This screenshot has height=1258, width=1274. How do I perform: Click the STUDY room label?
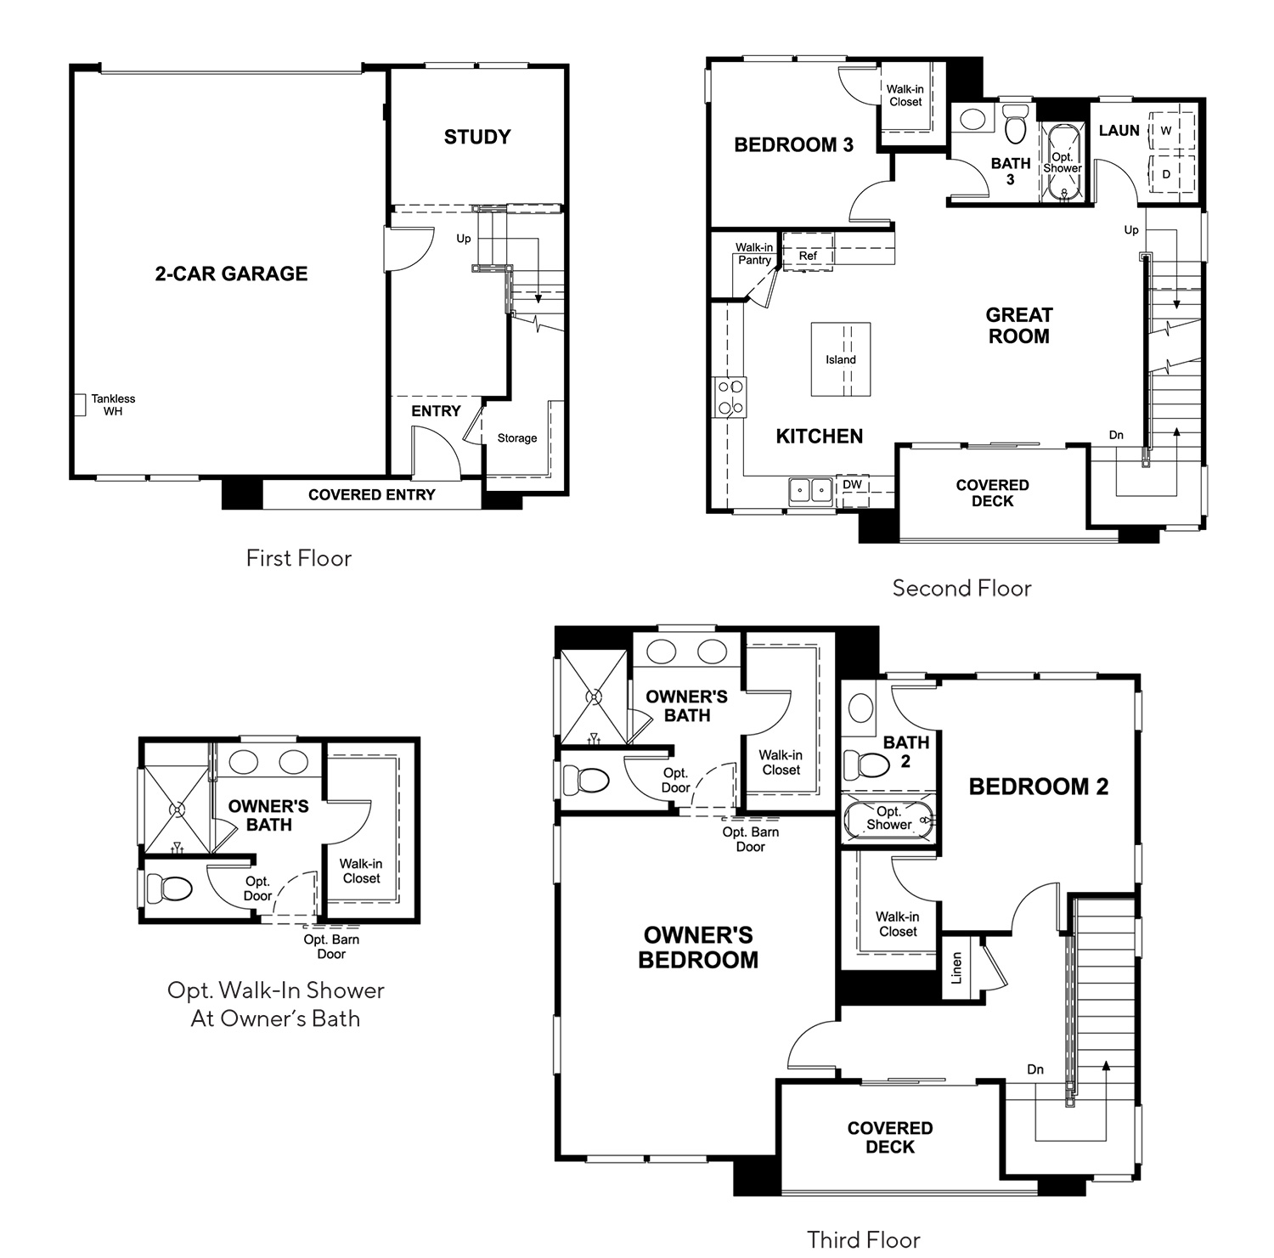[x=477, y=137]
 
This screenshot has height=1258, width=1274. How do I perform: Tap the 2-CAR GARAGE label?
[x=231, y=274]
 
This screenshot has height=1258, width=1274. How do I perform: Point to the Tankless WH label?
[x=113, y=405]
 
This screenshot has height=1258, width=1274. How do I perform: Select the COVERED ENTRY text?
[x=371, y=494]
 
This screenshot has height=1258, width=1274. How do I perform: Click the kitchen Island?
[x=841, y=359]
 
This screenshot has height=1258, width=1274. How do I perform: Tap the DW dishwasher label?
[x=852, y=484]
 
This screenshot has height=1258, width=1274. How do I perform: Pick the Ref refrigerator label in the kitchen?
[x=808, y=256]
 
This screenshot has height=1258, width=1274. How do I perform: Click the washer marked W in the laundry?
[x=1167, y=130]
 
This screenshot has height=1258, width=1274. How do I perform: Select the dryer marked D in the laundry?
[x=1167, y=174]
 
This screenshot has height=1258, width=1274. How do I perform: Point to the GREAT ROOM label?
[x=1019, y=325]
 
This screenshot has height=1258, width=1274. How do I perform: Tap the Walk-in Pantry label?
[x=754, y=254]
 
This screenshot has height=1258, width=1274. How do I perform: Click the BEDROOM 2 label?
[x=1039, y=787]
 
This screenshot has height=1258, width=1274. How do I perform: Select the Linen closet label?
[x=956, y=967]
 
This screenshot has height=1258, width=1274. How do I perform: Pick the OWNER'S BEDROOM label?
[x=699, y=947]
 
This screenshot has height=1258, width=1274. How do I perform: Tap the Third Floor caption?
[x=864, y=1239]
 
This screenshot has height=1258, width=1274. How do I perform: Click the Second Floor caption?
[x=962, y=588]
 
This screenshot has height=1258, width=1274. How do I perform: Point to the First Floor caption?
[x=299, y=558]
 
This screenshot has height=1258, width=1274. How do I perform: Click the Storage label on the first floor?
[x=517, y=438]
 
